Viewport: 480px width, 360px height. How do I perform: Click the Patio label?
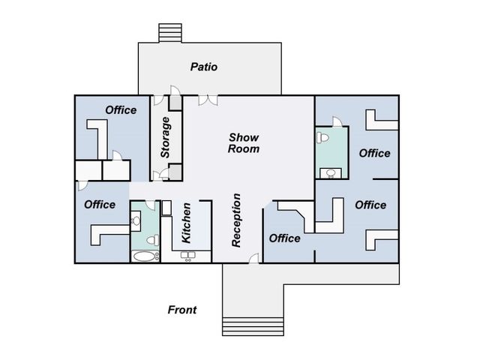tap(204, 67)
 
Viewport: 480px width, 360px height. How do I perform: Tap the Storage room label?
tap(165, 137)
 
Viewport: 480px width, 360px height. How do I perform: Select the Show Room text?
tap(244, 143)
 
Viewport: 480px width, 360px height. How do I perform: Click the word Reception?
tap(236, 220)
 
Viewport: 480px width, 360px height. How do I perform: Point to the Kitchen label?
tap(186, 223)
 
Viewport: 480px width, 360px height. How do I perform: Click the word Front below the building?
tap(182, 310)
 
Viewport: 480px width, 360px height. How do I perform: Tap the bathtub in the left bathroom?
tap(145, 256)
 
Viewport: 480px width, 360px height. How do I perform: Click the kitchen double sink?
tap(188, 255)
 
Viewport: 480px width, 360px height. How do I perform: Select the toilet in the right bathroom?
tap(322, 137)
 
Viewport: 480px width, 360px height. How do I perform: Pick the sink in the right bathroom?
tap(331, 173)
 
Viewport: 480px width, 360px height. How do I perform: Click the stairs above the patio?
tap(170, 33)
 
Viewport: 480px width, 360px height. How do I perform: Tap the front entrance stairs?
tap(253, 327)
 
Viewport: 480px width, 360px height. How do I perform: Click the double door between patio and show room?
tap(208, 100)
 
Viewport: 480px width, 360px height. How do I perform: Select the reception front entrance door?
tap(254, 258)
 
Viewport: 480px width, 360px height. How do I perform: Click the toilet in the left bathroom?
tap(153, 240)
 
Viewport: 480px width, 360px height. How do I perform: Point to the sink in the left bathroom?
tap(136, 220)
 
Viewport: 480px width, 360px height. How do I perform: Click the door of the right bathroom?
tap(337, 121)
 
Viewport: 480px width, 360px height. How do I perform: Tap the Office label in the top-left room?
tap(121, 110)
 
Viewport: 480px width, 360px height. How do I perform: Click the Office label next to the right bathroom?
tap(375, 153)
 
